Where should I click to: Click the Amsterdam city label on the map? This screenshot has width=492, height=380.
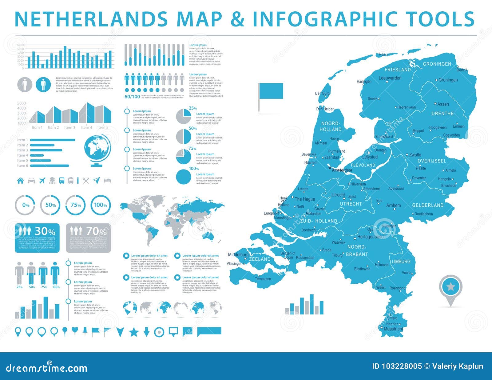[342, 170]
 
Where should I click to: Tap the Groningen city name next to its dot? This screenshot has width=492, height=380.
[448, 80]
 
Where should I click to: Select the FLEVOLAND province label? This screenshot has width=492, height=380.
[363, 165]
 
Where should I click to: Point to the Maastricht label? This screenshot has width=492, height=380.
[393, 329]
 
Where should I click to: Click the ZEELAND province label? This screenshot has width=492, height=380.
[260, 259]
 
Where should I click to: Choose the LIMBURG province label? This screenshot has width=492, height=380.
[401, 262]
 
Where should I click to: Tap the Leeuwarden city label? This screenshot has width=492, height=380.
[390, 78]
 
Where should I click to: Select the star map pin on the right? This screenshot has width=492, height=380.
[450, 287]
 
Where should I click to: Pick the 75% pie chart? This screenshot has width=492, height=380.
[184, 157]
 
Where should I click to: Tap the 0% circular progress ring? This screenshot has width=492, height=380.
[26, 205]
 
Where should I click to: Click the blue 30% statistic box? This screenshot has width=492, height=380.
[37, 238]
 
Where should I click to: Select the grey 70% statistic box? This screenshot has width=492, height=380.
[89, 238]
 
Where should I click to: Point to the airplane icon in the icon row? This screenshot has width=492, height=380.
[42, 181]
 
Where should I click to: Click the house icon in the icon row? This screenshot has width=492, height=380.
[20, 181]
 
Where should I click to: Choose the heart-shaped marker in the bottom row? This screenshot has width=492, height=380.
[74, 330]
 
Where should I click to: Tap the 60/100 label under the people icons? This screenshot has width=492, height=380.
[132, 97]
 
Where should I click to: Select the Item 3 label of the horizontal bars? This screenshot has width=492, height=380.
[22, 150]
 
